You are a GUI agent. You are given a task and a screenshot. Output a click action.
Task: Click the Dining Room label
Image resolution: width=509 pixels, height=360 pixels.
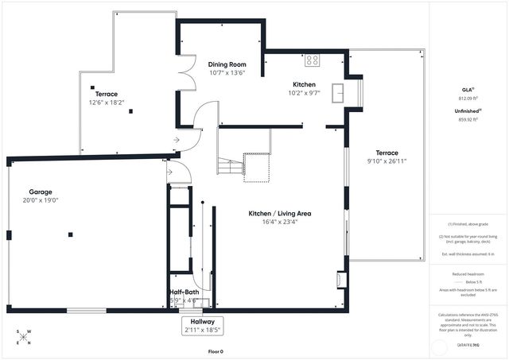pos(227,64)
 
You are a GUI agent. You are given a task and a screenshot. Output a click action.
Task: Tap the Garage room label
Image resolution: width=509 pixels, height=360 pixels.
pos(41,192)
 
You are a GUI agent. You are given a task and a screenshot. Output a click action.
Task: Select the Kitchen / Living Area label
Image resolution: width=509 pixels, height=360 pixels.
pos(274,213)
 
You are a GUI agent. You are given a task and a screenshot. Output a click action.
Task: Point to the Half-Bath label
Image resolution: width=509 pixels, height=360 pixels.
pos(184,292)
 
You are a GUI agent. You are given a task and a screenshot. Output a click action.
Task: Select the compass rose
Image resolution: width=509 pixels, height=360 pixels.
pos(25,337)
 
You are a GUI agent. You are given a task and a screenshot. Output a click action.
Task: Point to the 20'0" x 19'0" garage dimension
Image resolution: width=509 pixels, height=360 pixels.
pos(45,200)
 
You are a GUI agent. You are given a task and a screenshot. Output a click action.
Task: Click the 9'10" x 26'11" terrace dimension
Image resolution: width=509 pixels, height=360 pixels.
pos(387,161)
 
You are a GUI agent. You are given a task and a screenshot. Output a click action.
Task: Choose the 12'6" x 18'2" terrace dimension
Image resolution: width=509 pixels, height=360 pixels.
pos(107,102)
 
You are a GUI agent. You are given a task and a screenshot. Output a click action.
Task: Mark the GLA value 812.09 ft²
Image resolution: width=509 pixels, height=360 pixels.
pos(467,98)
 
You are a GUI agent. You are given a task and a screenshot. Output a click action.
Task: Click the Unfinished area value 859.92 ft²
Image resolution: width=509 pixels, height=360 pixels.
pos(467,120)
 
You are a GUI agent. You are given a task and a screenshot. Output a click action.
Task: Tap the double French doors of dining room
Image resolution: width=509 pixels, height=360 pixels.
pos(185,75)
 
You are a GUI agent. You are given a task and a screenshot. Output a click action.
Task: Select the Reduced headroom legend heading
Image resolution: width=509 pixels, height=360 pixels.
pos(467,273)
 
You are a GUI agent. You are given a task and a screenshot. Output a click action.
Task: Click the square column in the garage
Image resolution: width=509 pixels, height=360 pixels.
pos(71,234)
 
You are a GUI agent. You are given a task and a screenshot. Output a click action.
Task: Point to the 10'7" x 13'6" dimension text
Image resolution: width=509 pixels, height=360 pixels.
pos(227,72)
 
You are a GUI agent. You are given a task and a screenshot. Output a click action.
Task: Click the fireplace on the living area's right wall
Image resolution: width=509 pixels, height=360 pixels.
pos(342,280)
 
